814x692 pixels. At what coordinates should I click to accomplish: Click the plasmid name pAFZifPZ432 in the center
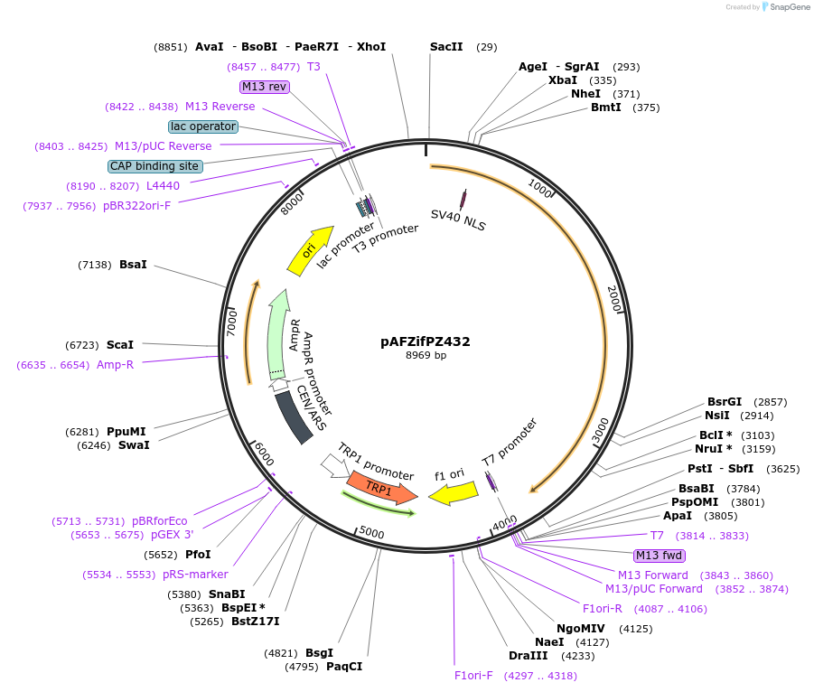pyautogui.click(x=425, y=341)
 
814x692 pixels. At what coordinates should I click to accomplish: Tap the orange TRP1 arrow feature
pyautogui.click(x=380, y=487)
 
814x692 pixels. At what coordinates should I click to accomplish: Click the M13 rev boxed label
pyautogui.click(x=265, y=87)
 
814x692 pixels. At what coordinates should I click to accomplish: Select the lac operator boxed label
pyautogui.click(x=203, y=126)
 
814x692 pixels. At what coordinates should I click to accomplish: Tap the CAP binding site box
pyautogui.click(x=154, y=166)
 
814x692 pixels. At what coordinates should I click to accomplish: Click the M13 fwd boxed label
pyautogui.click(x=659, y=556)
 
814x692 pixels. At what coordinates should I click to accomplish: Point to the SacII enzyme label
pyautogui.click(x=446, y=47)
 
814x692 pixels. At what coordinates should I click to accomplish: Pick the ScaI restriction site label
pyautogui.click(x=120, y=345)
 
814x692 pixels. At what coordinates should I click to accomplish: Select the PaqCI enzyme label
pyautogui.click(x=344, y=667)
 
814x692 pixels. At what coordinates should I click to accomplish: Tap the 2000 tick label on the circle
pyautogui.click(x=614, y=299)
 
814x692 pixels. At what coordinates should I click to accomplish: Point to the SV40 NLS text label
pyautogui.click(x=458, y=220)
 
